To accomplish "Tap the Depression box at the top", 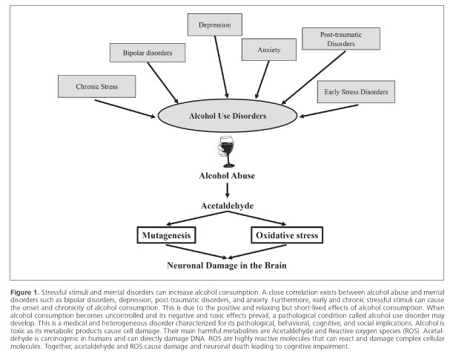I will point(219,26).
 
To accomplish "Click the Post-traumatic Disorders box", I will point(341,39).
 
